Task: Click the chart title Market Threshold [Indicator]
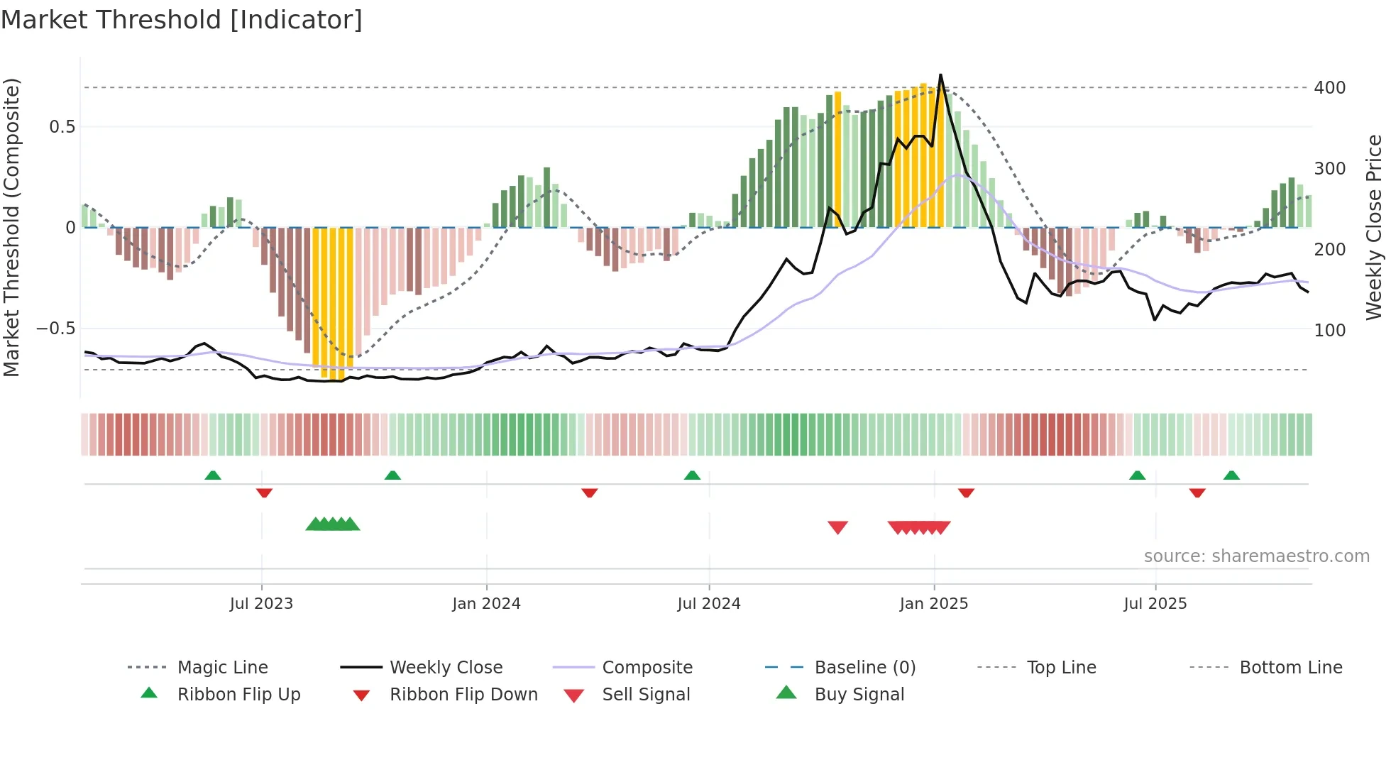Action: [182, 20]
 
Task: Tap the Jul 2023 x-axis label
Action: [261, 604]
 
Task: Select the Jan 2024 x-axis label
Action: [486, 604]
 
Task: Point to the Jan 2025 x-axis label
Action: [933, 604]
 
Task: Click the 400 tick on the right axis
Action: [1329, 88]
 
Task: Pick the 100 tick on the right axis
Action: [1329, 331]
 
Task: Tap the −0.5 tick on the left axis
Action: [55, 329]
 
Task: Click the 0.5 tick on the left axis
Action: [62, 127]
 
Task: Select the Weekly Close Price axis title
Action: [1374, 227]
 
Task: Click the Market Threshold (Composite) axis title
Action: [11, 227]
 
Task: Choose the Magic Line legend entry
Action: [222, 668]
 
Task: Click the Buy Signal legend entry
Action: [859, 695]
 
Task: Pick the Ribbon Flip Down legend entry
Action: [463, 695]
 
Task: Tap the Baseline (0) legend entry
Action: [864, 668]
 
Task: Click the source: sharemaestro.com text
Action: [1256, 556]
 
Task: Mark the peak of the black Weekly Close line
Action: [941, 75]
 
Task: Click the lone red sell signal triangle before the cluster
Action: [837, 527]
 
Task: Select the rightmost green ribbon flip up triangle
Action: [1231, 475]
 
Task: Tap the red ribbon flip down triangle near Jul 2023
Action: [264, 492]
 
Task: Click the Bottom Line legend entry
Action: [1290, 668]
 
